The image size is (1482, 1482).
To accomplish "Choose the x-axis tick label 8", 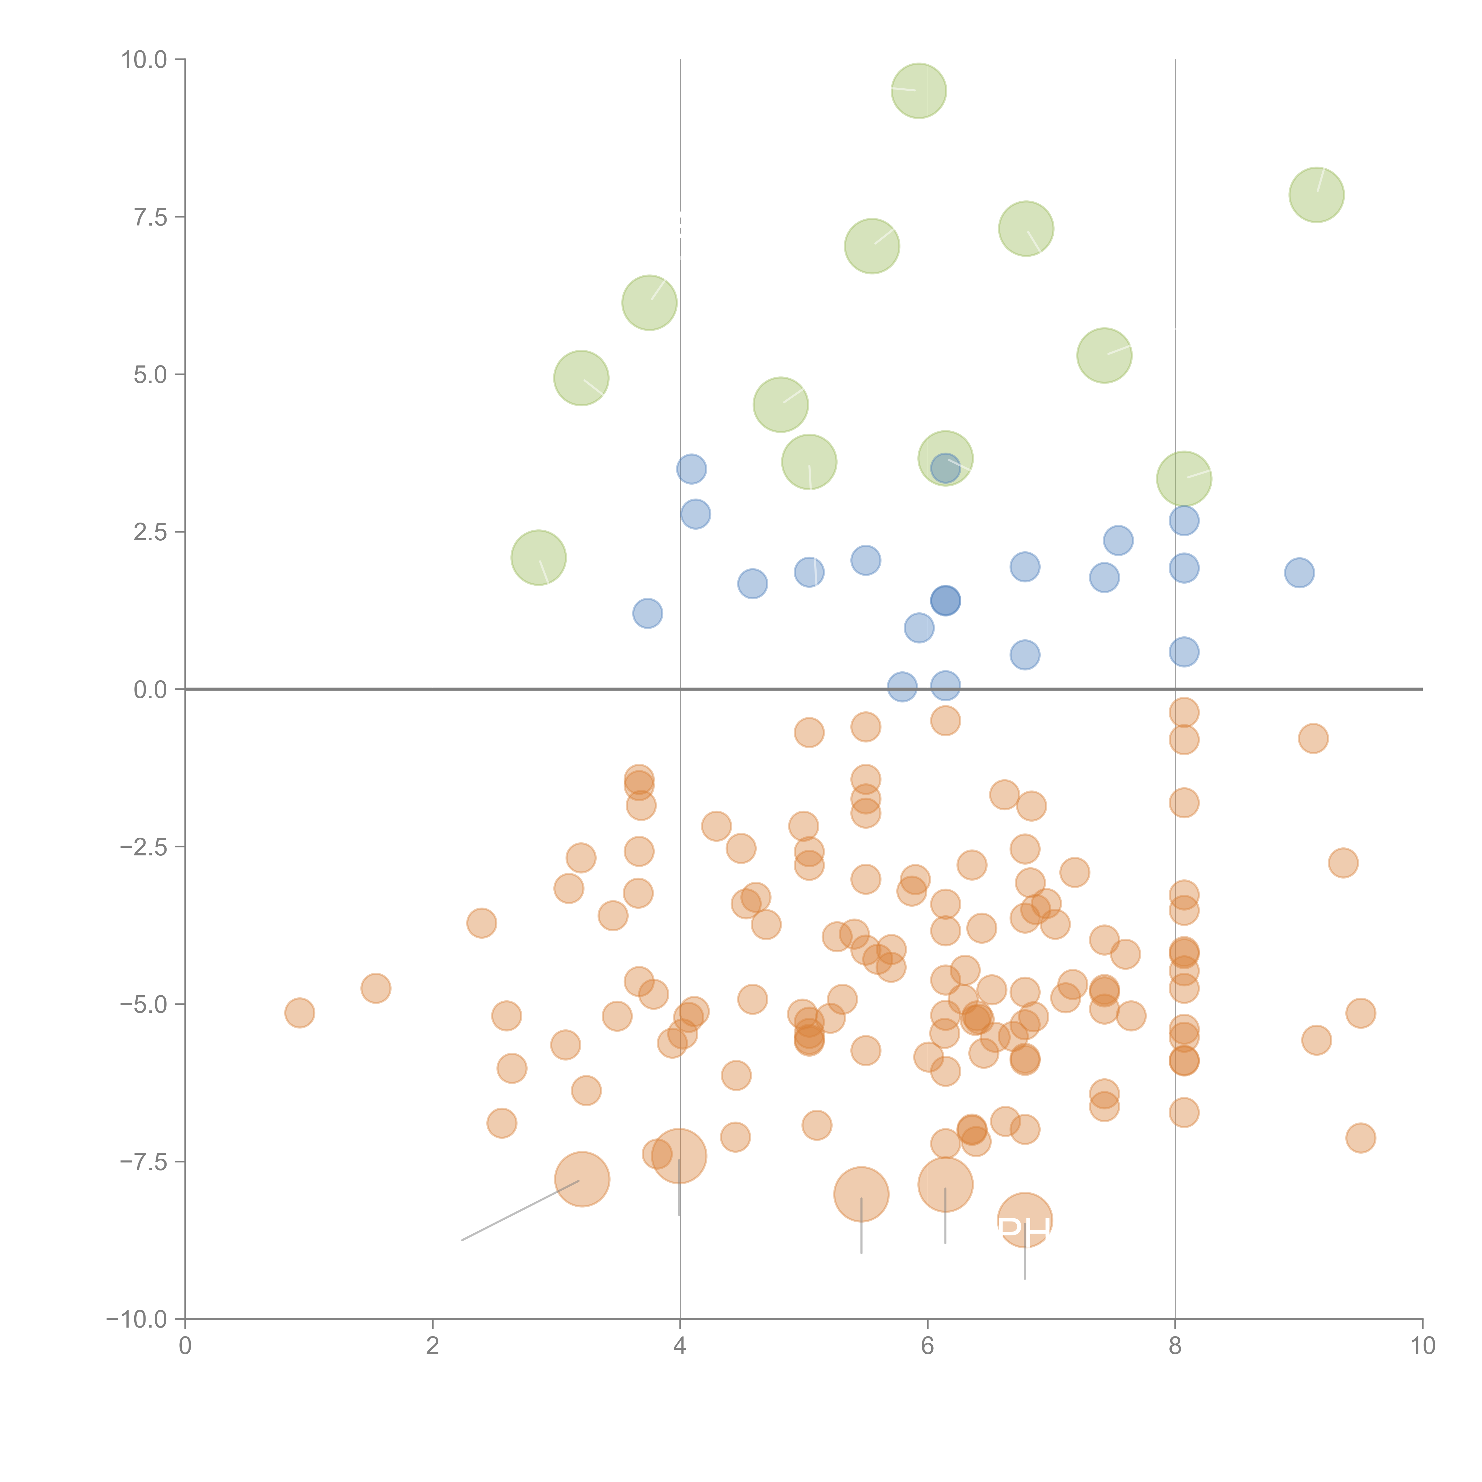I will pos(1175,1347).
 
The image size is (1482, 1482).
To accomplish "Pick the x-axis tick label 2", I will pos(433,1347).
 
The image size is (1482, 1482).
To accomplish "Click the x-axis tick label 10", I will pos(1422,1347).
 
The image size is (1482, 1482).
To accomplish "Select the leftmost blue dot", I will pos(647,613).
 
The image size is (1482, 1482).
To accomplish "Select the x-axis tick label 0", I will pos(185,1347).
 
